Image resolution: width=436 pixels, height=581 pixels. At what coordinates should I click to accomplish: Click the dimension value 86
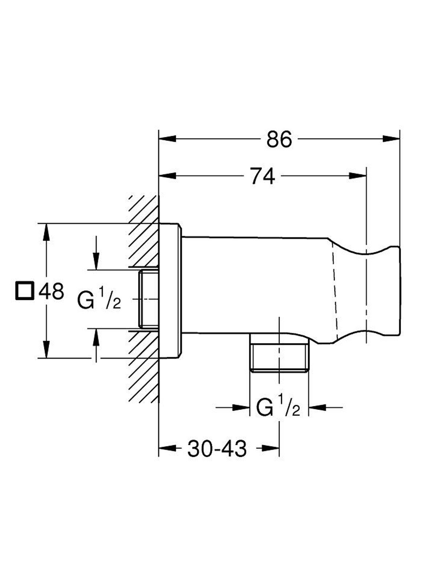point(279,139)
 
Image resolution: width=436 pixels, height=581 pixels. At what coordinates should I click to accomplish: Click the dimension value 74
point(263,176)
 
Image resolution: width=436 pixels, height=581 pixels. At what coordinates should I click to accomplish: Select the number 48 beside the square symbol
point(51,291)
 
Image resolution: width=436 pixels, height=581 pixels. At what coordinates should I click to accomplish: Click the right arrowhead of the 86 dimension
point(392,138)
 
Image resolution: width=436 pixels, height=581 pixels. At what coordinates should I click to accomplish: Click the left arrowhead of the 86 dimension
point(167,138)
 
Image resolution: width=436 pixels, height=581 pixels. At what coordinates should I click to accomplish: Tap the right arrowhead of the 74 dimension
point(358,175)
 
